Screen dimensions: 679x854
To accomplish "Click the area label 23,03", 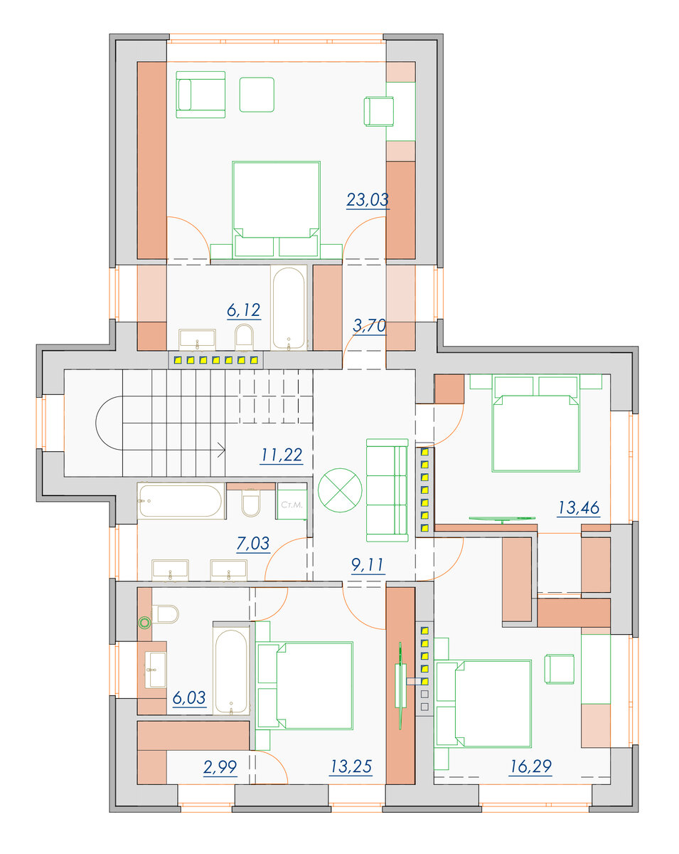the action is [368, 199].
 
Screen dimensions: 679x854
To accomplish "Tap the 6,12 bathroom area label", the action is [244, 310].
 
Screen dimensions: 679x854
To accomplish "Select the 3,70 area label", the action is [369, 326].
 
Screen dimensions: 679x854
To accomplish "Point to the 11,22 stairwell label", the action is [282, 455].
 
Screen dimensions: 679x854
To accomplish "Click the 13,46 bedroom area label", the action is [579, 507].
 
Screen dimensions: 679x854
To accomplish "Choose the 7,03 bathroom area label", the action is [253, 543].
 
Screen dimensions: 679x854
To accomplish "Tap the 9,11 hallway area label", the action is [368, 565].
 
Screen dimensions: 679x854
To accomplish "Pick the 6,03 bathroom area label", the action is [189, 697].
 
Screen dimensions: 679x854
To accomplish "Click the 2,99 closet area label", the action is [220, 767].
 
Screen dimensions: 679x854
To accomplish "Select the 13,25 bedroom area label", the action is [351, 766].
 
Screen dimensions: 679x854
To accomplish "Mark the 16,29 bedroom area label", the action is [530, 766].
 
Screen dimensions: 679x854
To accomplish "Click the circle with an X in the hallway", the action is [340, 490].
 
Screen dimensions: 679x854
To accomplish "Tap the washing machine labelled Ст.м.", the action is [292, 501].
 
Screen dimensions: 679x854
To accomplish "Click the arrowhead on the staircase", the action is [222, 450].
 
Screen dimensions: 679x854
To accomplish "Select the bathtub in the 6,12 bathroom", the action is [289, 307].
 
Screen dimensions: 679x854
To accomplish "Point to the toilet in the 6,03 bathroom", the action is [166, 614].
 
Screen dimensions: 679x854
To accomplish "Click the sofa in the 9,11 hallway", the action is [387, 490].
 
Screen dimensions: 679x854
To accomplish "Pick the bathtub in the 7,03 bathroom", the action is [181, 501].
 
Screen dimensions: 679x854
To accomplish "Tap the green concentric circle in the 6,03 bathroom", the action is [145, 623].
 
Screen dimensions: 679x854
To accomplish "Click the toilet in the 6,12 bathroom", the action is [244, 338].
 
